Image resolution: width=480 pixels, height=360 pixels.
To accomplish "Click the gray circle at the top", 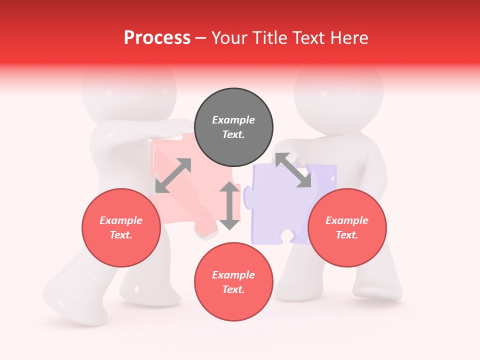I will pyautogui.click(x=233, y=127).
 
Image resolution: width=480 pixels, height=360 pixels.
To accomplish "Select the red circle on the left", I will pyautogui.click(x=121, y=228).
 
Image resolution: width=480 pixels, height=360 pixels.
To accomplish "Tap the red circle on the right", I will pyautogui.click(x=347, y=228).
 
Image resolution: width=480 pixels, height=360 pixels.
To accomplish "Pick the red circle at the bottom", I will pyautogui.click(x=233, y=282).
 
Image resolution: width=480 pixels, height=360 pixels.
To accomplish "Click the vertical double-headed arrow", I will pyautogui.click(x=229, y=205).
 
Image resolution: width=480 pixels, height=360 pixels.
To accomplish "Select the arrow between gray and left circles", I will pyautogui.click(x=173, y=175).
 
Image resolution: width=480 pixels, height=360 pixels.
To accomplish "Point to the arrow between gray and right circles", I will pyautogui.click(x=293, y=170).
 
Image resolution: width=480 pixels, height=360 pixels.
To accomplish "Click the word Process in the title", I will pyautogui.click(x=157, y=38).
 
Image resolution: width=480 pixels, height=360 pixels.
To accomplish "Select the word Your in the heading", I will pyautogui.click(x=228, y=38).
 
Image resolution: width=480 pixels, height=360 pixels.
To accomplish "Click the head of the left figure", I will pyautogui.click(x=129, y=92).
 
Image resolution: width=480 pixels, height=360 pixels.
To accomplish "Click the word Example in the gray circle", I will pyautogui.click(x=233, y=120).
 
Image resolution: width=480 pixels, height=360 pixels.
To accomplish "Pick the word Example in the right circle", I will pyautogui.click(x=347, y=220).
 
